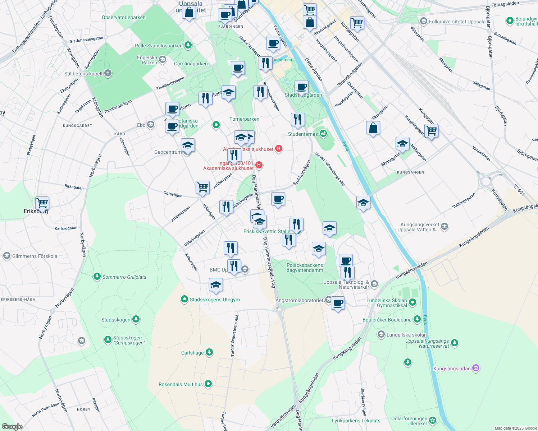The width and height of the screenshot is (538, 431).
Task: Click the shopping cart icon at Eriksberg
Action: tap(42, 203)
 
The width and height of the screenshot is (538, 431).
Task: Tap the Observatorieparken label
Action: tap(123, 17)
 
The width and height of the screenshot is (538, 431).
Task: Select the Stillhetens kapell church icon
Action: tap(108, 74)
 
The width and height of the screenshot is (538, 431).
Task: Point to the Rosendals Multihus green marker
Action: tap(208, 384)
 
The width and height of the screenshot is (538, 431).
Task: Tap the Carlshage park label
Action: tap(192, 353)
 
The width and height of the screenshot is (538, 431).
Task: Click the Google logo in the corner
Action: tap(12, 427)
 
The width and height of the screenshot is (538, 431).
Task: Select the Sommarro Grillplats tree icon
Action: tap(97, 277)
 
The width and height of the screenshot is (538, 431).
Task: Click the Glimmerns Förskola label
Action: tap(35, 256)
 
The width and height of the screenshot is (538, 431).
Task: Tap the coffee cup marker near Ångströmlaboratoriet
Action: tap(338, 303)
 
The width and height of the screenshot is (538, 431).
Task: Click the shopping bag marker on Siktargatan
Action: tap(373, 128)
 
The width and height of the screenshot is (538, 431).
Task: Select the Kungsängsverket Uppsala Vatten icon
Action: tap(444, 226)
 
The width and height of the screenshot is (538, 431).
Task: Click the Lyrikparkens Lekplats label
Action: tap(356, 421)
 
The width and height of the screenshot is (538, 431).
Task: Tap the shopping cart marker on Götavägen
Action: tap(203, 187)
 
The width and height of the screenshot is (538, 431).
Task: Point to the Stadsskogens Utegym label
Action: tap(215, 300)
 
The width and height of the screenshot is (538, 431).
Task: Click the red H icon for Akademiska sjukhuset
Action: tap(278, 148)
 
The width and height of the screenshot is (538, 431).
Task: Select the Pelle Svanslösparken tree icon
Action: tap(188, 45)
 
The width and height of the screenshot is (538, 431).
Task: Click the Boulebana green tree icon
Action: tap(417, 319)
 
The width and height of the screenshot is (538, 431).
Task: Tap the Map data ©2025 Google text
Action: tap(516, 428)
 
